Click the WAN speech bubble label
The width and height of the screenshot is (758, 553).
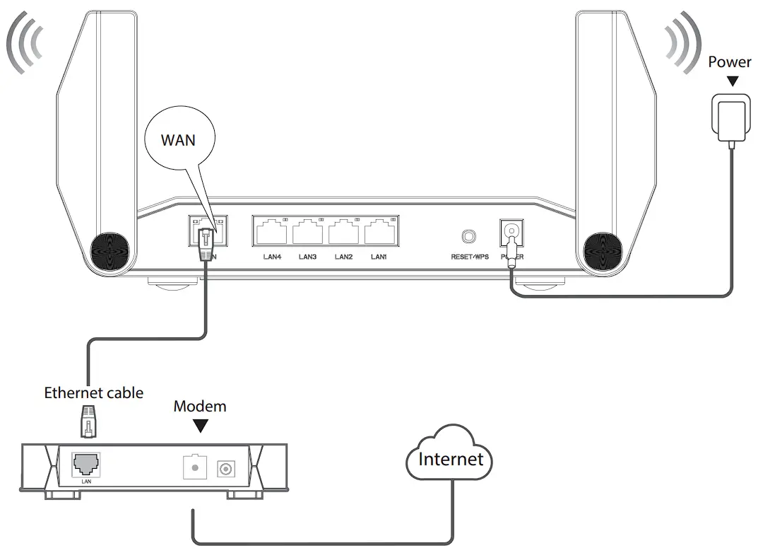[x=178, y=139]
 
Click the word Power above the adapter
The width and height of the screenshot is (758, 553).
[x=730, y=62]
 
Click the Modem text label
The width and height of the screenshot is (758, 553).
[x=200, y=406]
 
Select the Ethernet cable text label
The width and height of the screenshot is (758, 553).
[x=93, y=392]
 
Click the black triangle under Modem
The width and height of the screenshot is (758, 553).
[x=201, y=426]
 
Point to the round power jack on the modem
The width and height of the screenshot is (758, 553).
[x=227, y=467]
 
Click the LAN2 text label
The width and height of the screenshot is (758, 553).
[x=343, y=257]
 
